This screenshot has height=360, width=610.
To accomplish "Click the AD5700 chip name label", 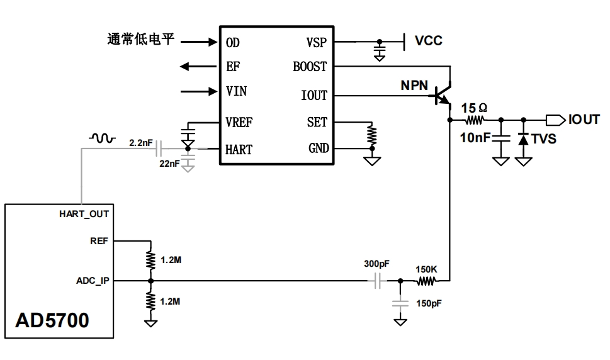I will click(52, 320).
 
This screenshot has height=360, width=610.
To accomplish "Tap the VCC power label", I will click(428, 41).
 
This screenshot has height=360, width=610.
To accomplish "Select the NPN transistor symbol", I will click(443, 95).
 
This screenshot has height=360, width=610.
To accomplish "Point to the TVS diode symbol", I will click(523, 138).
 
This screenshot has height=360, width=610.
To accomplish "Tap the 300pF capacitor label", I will click(377, 264).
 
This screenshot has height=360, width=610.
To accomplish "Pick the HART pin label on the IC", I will click(239, 150).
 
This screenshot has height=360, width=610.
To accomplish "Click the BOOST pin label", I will click(310, 67).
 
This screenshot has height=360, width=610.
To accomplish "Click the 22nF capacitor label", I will click(169, 164).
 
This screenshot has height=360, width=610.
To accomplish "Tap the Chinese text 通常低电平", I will click(140, 41).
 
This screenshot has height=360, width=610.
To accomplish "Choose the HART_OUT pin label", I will click(84, 214).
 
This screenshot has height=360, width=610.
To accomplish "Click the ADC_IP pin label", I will click(93, 280).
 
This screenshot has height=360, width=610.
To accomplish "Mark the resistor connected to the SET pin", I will click(372, 135).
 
